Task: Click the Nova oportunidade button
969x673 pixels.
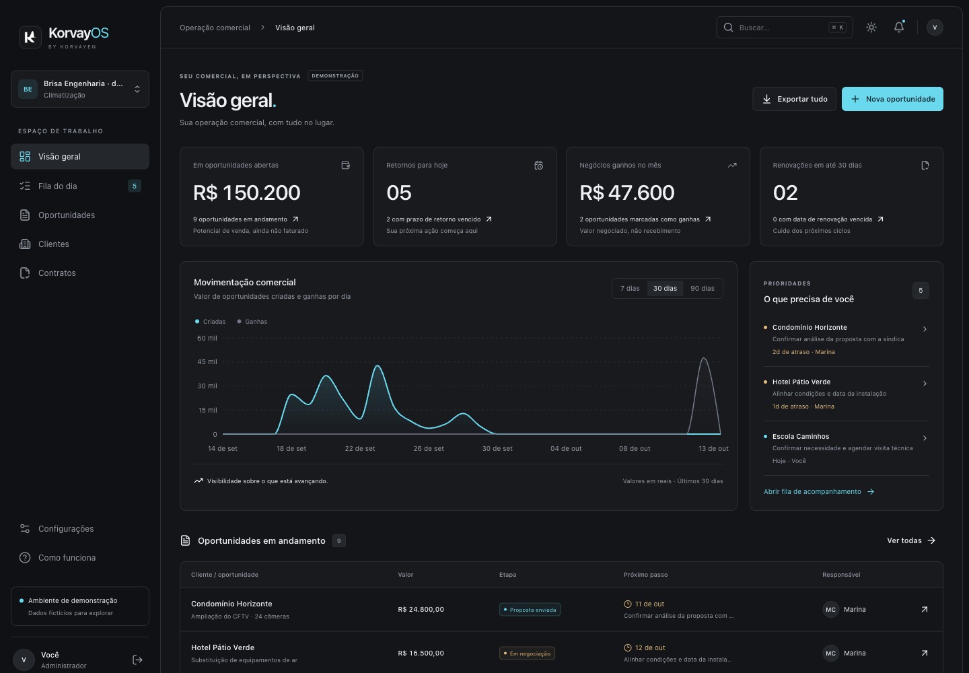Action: [892, 99]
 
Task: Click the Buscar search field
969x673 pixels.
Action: [785, 28]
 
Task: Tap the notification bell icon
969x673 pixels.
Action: [899, 27]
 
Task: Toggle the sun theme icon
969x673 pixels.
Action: [871, 27]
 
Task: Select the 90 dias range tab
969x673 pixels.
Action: [702, 289]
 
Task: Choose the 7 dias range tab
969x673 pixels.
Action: [630, 289]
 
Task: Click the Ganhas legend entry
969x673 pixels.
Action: [252, 322]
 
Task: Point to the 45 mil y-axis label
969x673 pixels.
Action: [207, 361]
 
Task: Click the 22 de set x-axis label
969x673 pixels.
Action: [360, 448]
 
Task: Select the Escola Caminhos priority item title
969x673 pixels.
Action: [801, 436]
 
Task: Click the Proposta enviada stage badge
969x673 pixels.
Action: [530, 610]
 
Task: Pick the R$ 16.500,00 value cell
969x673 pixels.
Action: [421, 653]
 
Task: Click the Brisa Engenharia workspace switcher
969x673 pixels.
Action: [80, 89]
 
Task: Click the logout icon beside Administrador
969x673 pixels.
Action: [137, 660]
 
